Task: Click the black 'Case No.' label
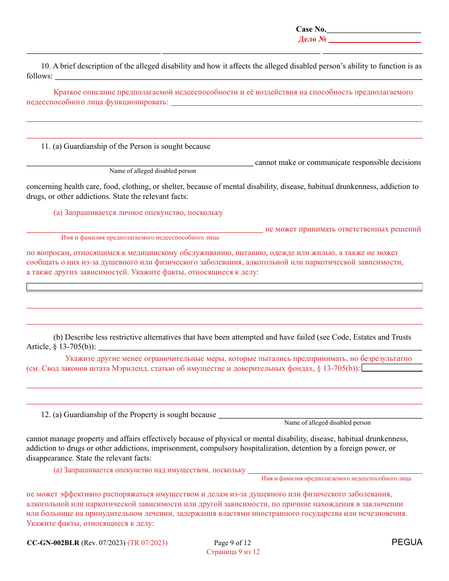point(311,29)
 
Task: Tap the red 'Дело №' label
point(312,39)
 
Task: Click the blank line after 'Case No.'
point(374,30)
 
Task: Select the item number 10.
point(46,66)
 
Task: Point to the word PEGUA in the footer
point(407,542)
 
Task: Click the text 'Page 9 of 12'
point(233,543)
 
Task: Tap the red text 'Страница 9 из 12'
point(233,552)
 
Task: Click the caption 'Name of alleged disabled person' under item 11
point(153,171)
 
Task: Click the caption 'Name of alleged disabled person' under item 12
point(327,423)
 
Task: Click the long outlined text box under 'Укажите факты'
point(224,287)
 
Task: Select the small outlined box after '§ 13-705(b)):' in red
point(392,368)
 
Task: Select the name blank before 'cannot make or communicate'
point(139,162)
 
